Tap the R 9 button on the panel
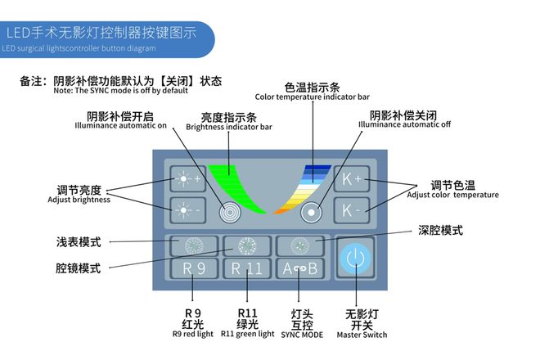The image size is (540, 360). pos(193,268)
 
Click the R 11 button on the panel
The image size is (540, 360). pos(246,268)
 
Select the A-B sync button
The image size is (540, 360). pos(299,268)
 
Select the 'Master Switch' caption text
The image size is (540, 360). pos(361,334)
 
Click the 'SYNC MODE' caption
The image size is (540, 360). pos(302,334)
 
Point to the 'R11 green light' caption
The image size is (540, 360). pos(247,334)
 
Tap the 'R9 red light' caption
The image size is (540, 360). pos(193,334)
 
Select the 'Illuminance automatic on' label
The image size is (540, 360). pos(120,125)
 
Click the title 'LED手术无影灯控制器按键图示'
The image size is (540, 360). pos(100,34)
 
